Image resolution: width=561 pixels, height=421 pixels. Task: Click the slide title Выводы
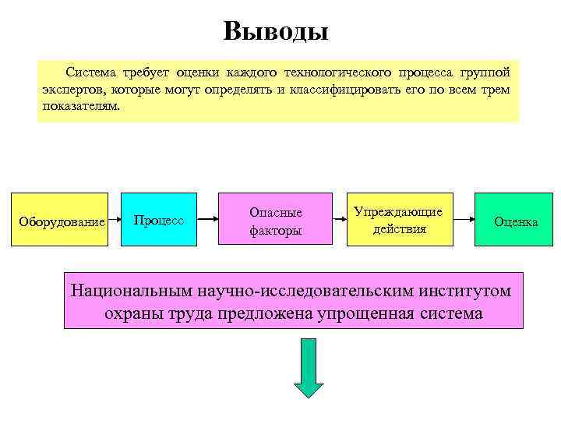(276, 31)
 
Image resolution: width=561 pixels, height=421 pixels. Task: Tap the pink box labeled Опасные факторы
(275, 221)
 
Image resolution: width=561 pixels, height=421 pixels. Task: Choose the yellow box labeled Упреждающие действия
(399, 220)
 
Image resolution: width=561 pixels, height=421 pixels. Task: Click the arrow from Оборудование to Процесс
(115, 221)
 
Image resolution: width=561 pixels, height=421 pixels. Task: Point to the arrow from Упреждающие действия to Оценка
(464, 221)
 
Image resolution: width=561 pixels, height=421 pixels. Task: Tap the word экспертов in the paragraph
(68, 90)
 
